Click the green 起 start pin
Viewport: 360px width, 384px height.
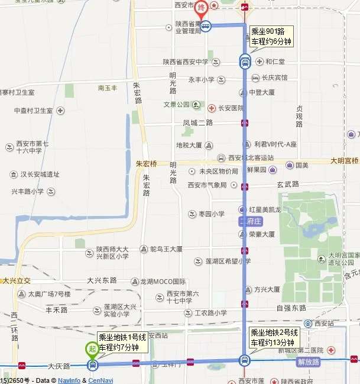(x=92, y=350)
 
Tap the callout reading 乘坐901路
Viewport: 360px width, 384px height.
(x=271, y=36)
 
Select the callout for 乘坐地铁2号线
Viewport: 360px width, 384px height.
(x=275, y=338)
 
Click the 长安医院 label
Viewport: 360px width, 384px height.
(x=229, y=108)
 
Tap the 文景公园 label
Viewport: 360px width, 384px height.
(x=176, y=105)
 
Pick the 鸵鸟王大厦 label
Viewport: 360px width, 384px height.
(x=166, y=249)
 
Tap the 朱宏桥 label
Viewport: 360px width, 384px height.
(x=147, y=163)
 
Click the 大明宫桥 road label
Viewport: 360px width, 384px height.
(x=345, y=160)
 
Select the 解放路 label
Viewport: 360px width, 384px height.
(x=309, y=361)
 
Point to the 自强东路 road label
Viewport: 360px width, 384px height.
(x=291, y=308)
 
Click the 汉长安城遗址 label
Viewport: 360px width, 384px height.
(x=40, y=175)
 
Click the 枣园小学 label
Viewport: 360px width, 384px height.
(x=211, y=214)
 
